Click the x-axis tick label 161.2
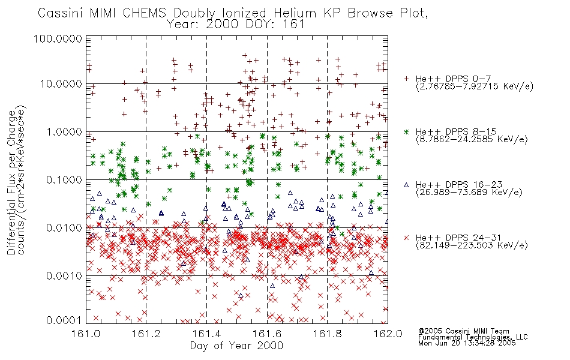point(146,334)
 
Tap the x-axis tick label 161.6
point(267,334)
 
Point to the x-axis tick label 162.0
point(388,334)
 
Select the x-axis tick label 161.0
point(86,334)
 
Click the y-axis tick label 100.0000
point(58,38)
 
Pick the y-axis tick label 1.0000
point(64,131)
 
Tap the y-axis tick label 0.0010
point(64,275)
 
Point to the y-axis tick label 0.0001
point(64,320)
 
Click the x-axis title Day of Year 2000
point(236,346)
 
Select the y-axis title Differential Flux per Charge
point(11,182)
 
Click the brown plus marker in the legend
point(406,79)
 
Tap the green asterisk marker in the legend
point(406,131)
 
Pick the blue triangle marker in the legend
point(406,185)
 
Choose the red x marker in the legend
point(406,238)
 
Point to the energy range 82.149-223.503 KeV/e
point(472,245)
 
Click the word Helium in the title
point(295,13)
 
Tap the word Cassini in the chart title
point(61,13)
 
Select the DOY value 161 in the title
point(295,25)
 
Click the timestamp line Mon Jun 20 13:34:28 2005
point(467,343)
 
